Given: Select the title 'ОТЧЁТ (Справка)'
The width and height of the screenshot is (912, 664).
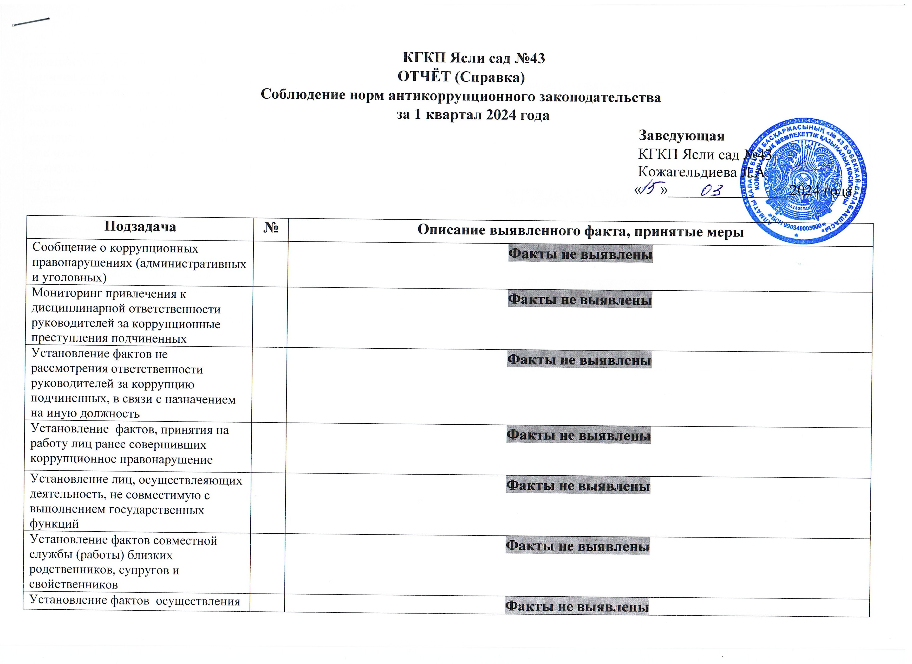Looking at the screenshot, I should tap(461, 77).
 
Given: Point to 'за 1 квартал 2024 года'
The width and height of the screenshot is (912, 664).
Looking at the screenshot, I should tap(473, 115).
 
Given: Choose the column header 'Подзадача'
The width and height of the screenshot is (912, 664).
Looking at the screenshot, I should tap(140, 227).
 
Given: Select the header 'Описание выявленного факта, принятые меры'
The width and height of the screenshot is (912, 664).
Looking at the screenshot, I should tap(580, 231).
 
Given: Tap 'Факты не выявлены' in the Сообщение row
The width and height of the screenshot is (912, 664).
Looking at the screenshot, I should tap(580, 254).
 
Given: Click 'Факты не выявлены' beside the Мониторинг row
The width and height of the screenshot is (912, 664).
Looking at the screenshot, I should tap(579, 300).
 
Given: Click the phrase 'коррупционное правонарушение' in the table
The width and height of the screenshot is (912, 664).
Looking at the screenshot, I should tap(121, 459).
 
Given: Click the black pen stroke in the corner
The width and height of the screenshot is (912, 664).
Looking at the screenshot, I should tap(31, 22).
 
